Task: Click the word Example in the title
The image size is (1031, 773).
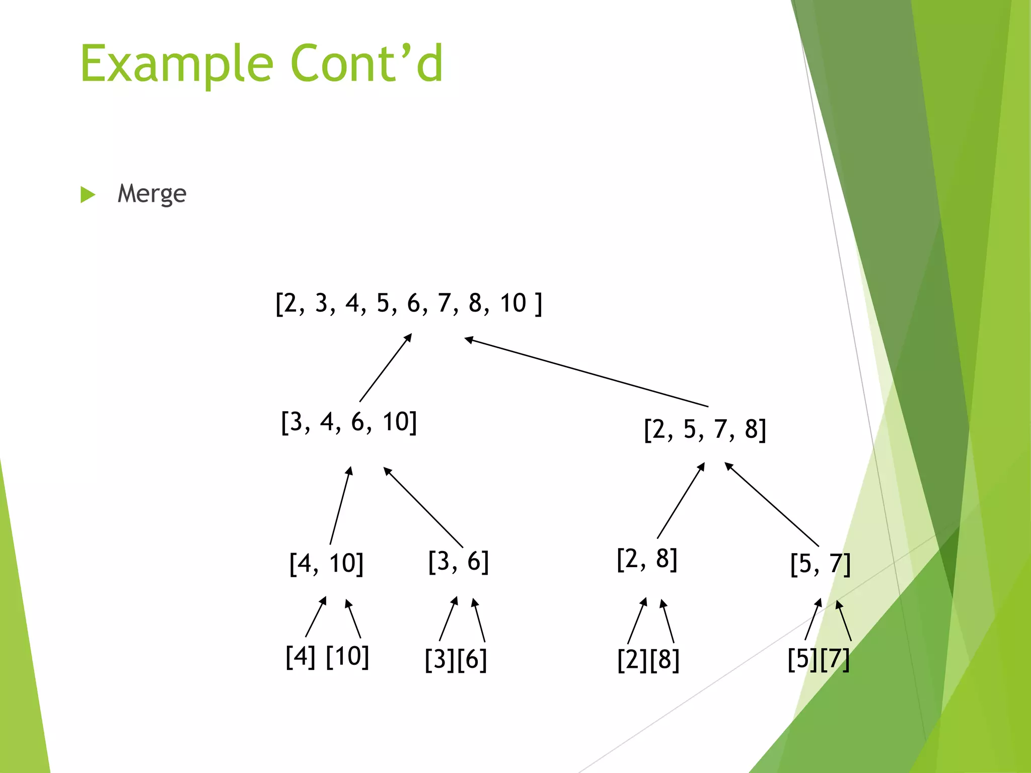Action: coord(176,64)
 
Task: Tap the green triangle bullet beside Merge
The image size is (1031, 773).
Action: coord(88,195)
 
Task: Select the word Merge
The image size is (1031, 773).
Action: coord(152,194)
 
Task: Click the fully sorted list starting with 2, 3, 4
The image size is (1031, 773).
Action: coord(409,303)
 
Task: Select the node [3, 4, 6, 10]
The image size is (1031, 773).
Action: coord(349,422)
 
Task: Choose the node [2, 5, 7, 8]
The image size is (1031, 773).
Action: coord(705,429)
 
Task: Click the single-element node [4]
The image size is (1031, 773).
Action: coord(301,656)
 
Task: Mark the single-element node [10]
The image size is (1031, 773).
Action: coord(347,656)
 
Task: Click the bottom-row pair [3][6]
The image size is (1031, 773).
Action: coord(456,659)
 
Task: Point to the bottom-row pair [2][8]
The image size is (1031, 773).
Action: coord(648,660)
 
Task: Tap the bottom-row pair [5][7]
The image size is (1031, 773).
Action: coord(819,659)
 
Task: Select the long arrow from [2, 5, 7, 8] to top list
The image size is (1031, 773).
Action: coord(586,372)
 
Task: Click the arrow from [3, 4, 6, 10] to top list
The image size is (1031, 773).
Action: coord(386,367)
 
